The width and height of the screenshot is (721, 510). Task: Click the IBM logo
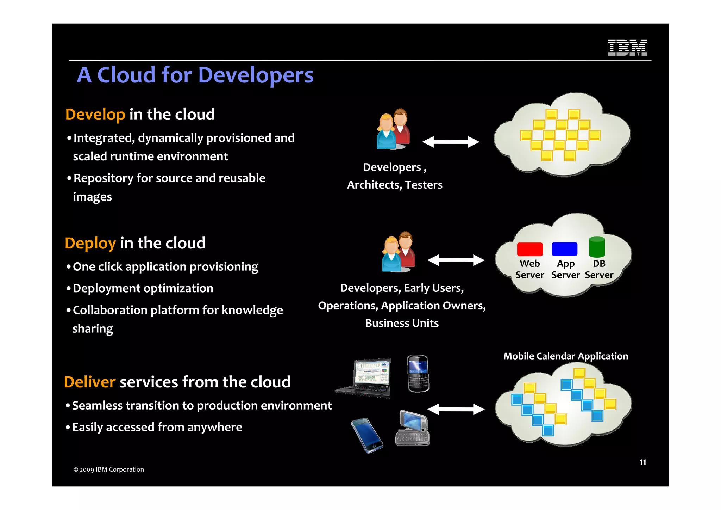627,48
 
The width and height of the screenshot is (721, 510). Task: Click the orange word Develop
95,115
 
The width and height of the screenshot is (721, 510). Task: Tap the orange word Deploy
90,243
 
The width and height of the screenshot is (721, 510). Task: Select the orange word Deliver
90,382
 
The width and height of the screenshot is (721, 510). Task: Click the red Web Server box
529,249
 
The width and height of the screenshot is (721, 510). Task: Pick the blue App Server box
564,249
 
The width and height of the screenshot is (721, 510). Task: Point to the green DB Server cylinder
597,247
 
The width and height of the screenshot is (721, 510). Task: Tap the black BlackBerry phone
418,373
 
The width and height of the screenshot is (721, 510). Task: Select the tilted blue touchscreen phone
367,435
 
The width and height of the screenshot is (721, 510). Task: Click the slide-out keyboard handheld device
413,428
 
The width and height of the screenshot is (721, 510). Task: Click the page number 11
642,462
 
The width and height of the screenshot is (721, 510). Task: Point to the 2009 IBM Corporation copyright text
109,469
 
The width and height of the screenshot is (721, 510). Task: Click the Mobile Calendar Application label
565,356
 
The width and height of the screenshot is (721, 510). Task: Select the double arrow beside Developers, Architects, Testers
451,142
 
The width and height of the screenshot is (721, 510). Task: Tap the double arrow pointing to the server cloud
456,260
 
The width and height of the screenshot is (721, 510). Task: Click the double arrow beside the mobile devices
456,409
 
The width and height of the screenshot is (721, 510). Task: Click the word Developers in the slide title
256,75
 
